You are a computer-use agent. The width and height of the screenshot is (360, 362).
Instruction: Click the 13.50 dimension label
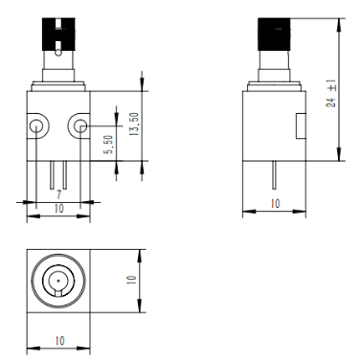tap(134, 124)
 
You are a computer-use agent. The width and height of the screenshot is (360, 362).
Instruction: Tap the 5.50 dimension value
tap(109, 145)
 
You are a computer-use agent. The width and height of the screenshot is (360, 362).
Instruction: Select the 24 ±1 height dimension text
tap(331, 93)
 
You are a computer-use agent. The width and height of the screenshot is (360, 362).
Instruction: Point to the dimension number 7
tap(58, 194)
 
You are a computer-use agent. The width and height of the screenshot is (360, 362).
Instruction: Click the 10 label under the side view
tap(275, 203)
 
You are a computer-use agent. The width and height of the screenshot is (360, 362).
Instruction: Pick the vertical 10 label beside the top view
tap(131, 281)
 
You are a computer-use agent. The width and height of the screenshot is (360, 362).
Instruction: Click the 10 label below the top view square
tap(59, 341)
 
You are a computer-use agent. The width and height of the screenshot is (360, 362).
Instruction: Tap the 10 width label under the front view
tap(59, 209)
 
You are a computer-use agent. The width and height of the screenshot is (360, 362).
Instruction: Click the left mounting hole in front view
tap(36, 126)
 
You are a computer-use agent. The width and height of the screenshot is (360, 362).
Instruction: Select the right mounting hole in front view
tap(80, 126)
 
